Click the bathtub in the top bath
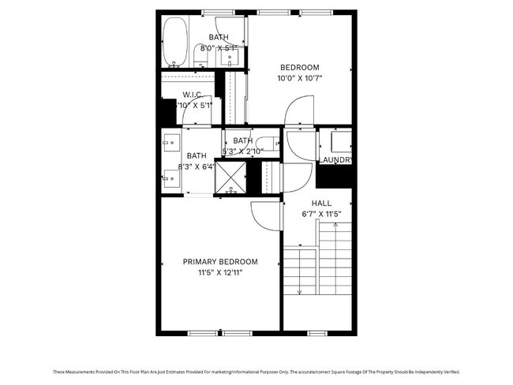pyautogui.click(x=174, y=43)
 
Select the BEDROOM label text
pyautogui.click(x=300, y=67)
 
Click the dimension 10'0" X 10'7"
pyautogui.click(x=300, y=78)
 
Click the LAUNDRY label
pyautogui.click(x=335, y=160)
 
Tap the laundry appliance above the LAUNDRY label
pyautogui.click(x=340, y=141)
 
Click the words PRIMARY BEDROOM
pyautogui.click(x=220, y=262)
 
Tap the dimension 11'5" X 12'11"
pyautogui.click(x=220, y=273)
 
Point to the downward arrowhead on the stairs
pyautogui.click(x=299, y=293)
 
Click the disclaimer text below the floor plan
pyautogui.click(x=256, y=372)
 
